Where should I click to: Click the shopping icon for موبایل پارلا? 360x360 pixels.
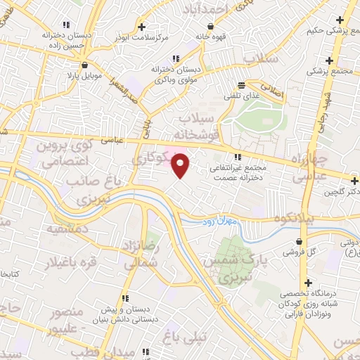point(84,64)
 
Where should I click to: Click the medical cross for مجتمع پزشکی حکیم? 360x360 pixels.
point(341,19)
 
